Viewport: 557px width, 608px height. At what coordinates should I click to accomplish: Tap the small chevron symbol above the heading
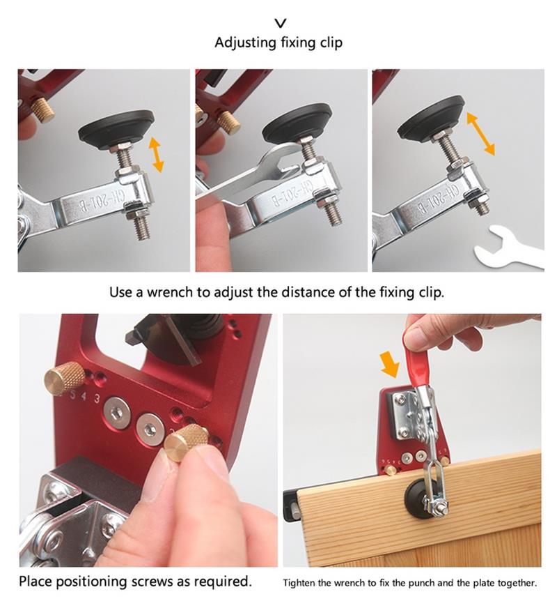click(281, 24)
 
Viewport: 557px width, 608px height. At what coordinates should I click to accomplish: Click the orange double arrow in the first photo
click(157, 154)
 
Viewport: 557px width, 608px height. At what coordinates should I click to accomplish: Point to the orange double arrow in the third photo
click(480, 133)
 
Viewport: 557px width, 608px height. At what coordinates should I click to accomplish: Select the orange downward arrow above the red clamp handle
click(390, 363)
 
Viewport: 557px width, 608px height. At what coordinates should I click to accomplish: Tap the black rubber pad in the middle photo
click(297, 123)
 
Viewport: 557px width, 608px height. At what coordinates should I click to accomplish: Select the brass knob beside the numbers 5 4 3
click(64, 379)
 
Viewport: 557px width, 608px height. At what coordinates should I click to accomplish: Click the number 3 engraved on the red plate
click(97, 398)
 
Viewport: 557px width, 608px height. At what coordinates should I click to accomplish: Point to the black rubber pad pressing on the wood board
click(417, 496)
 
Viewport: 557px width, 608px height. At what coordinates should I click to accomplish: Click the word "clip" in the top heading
click(331, 43)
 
